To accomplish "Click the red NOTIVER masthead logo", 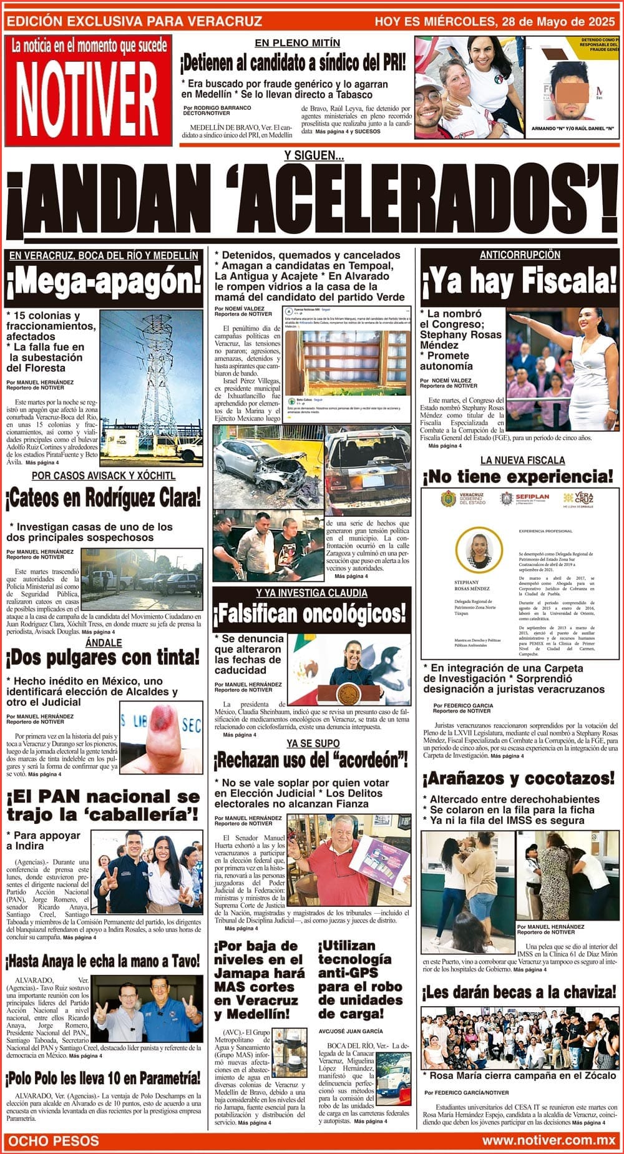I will [87, 90].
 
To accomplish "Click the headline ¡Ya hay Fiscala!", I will [520, 282].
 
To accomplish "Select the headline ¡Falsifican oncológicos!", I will [311, 615].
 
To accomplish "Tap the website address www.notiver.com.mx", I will [548, 1142].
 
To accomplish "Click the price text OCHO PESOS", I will [54, 1142].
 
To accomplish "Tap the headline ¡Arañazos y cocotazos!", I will [519, 778].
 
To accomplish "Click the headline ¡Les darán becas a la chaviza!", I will [519, 992].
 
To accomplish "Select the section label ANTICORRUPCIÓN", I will [520, 255].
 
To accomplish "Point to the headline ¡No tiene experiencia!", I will [519, 477].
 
